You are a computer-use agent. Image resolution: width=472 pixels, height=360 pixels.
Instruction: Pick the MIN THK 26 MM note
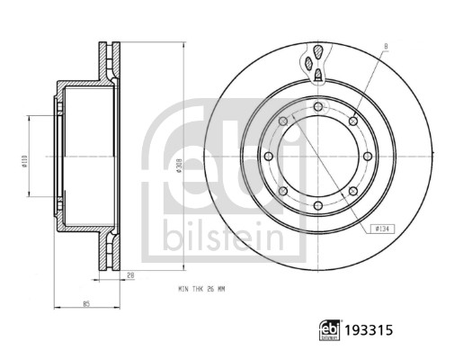point(200,290)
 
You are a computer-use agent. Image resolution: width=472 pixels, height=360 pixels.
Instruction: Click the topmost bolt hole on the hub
point(318,106)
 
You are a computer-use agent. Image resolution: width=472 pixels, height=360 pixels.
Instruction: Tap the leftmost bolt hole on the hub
point(268,157)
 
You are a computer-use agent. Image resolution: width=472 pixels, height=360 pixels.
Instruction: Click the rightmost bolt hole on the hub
point(369,157)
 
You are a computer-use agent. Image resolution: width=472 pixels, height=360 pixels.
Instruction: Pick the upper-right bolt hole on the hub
point(354,121)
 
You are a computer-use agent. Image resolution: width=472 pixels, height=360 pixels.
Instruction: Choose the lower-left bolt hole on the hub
point(282,192)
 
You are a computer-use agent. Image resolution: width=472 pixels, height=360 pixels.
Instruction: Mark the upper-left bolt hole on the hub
point(282,121)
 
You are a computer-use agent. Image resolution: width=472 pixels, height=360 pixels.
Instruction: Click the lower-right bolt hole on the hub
point(354,192)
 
